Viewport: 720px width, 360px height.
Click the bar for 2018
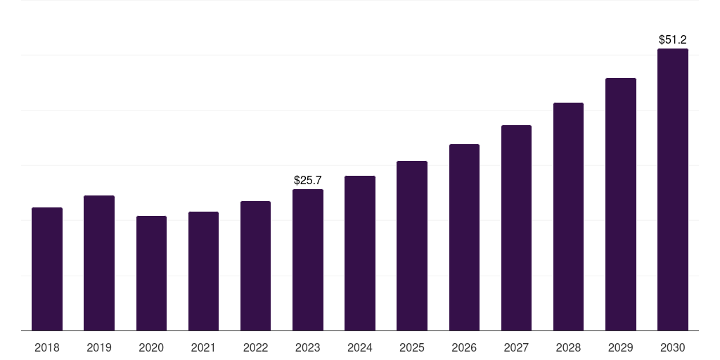point(47,269)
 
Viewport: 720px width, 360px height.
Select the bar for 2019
point(99,263)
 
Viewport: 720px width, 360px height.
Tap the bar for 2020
point(151,274)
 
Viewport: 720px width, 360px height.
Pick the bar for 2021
point(203,271)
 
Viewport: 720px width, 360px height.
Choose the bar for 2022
point(255,266)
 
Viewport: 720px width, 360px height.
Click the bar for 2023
point(308,260)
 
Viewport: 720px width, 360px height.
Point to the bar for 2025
point(412,246)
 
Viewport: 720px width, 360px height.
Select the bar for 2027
point(516,228)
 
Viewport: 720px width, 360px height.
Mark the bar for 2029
point(620,205)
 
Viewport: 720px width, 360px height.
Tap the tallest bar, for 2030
point(672,190)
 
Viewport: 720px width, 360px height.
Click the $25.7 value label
point(308,181)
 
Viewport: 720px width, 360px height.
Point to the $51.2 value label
point(672,40)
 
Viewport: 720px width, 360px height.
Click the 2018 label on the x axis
point(47,347)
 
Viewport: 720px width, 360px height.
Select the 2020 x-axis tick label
point(151,347)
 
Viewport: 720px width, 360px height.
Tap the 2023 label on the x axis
point(308,347)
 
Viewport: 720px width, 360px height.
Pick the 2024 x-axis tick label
point(360,347)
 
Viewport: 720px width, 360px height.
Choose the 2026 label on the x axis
point(464,347)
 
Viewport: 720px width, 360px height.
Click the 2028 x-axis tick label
point(568,347)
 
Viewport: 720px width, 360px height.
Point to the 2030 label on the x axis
point(672,347)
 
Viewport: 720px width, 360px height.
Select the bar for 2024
point(360,253)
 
